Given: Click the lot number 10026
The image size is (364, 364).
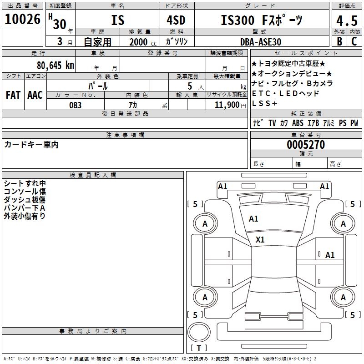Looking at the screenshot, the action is (22, 20).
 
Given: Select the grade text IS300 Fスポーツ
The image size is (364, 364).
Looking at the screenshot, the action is (261, 20).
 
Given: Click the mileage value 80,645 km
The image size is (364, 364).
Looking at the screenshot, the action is (55, 65).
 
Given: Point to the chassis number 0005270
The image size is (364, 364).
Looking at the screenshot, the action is (305, 145).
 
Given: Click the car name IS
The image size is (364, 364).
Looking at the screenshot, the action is (117, 20).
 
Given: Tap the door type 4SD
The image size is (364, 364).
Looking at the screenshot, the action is (177, 20).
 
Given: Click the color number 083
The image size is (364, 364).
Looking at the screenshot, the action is (76, 105).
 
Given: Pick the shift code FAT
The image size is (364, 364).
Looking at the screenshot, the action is (13, 95).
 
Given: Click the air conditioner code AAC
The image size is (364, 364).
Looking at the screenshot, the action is (35, 95).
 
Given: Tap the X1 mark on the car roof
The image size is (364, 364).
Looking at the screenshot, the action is (260, 239).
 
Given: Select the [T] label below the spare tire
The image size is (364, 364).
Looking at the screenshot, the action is (199, 348).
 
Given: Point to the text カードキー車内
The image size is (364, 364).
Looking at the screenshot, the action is (31, 145).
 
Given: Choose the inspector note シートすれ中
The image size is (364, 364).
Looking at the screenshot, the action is (25, 183).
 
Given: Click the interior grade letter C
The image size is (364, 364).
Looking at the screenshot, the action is (354, 42).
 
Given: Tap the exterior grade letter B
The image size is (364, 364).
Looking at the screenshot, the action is (339, 42).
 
